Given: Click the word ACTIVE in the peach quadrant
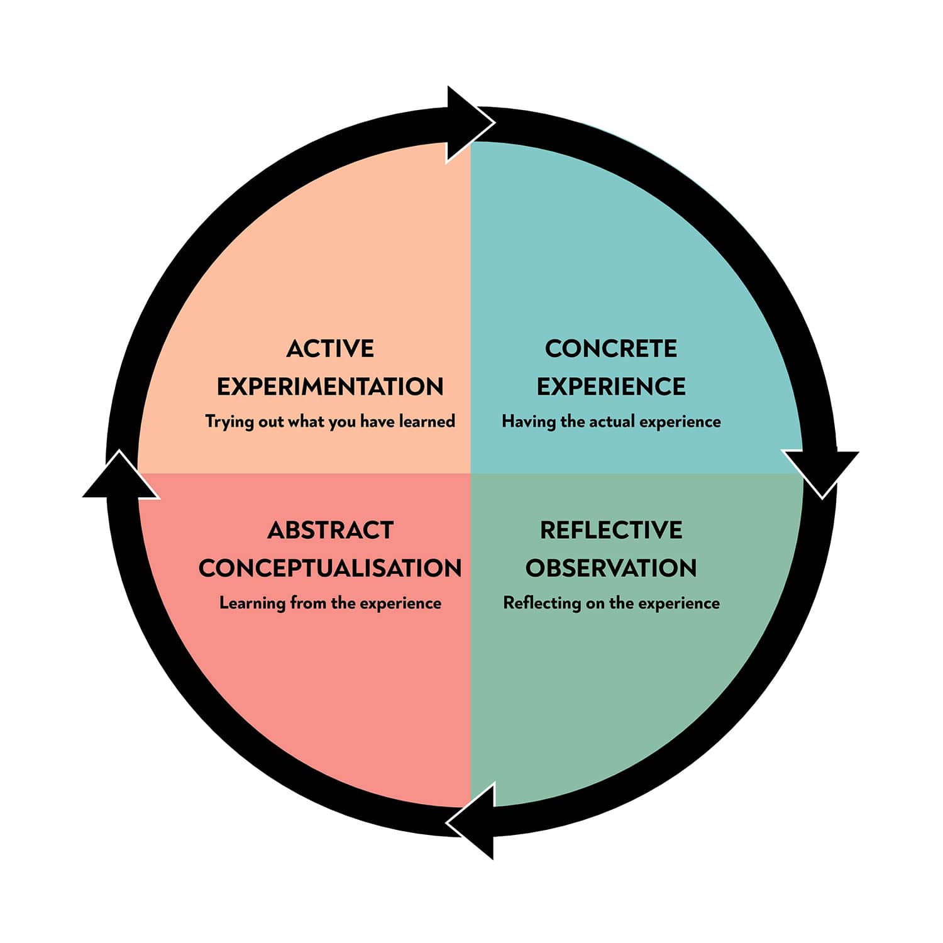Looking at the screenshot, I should [330, 349].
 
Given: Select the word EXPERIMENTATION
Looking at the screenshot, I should [330, 387].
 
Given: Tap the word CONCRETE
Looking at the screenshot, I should [610, 349].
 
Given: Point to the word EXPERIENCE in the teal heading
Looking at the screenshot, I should [610, 387].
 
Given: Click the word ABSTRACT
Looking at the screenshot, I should [330, 531].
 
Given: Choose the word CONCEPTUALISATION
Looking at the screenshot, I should [330, 568].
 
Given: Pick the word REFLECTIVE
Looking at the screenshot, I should [610, 531].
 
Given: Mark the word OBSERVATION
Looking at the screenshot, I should [610, 568].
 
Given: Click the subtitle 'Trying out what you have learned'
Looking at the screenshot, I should [330, 421].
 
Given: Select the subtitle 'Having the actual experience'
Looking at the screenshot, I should [610, 421].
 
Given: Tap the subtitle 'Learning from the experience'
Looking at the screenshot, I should [330, 604].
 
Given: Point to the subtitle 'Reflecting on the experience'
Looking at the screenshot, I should [610, 604].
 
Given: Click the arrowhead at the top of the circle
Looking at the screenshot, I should [466, 124].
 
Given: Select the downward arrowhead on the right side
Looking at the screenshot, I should [820, 472].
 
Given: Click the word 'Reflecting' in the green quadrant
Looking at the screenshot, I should [541, 604].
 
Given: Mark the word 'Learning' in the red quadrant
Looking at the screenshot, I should [251, 604].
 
